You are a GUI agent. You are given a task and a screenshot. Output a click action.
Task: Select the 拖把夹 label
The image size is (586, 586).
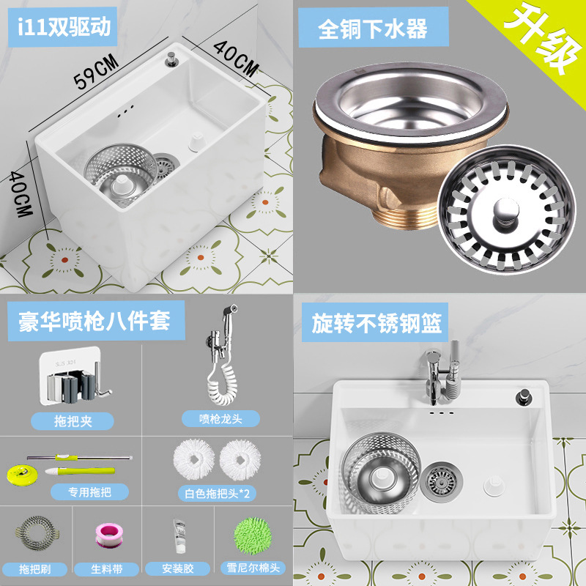coord(73,420)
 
